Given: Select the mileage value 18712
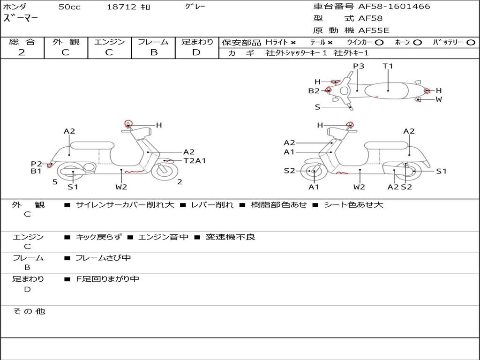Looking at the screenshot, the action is pos(121,7).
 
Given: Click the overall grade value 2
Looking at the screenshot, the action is pos(22,52).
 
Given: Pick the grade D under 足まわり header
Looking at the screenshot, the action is pos(196,52).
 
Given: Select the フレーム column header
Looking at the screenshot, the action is pos(153,42).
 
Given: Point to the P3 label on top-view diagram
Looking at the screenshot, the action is pos(359,66).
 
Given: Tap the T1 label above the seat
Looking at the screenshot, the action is pos(388,66).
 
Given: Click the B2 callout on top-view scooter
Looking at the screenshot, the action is pos(314,91).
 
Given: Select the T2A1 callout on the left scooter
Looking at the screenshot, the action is pos(195,161).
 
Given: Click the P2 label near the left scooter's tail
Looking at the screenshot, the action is pos(37,164).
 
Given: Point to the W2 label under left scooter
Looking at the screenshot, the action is pos(121,187).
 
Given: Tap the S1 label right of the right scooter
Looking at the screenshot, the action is pos(442,171).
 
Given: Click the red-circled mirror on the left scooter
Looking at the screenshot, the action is pos(128,124).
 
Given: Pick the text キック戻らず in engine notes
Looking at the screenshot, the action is pos(98,237).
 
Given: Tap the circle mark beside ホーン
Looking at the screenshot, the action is pos(417,42).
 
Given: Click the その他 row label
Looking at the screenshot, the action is pos(29,311).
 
